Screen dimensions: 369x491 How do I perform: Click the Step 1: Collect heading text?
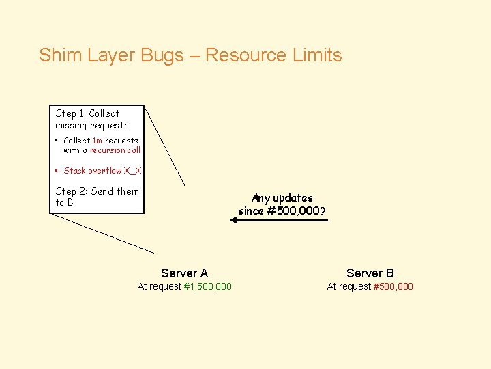click(87, 113)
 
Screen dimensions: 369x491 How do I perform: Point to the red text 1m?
click(97, 141)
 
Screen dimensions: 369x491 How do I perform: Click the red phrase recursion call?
click(115, 150)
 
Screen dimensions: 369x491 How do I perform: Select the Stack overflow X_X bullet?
click(102, 171)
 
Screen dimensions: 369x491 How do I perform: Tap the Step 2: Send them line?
click(97, 191)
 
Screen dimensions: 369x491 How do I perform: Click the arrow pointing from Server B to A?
click(282, 220)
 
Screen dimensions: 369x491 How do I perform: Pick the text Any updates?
click(282, 198)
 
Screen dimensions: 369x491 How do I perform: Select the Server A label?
click(184, 273)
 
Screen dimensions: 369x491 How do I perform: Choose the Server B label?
click(370, 273)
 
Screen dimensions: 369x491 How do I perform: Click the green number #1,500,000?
click(208, 286)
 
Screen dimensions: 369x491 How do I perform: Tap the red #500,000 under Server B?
click(393, 286)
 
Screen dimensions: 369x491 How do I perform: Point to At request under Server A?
click(160, 286)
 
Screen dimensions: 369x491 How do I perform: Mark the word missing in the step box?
click(71, 126)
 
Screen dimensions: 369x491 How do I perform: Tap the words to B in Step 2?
click(64, 202)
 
